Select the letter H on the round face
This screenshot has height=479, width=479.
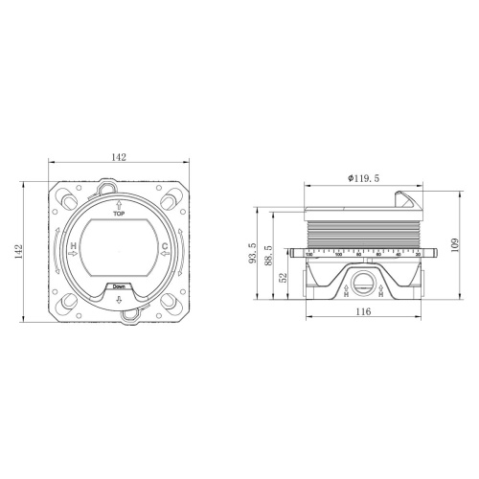[x=74, y=247]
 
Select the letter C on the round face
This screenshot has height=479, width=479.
[x=165, y=247]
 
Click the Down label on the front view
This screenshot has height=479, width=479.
[x=119, y=286]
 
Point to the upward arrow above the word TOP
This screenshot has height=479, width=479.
[x=119, y=204]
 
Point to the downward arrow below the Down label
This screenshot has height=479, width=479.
[x=119, y=299]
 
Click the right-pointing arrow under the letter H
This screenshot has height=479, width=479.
[x=75, y=257]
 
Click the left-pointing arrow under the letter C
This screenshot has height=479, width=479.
[x=165, y=257]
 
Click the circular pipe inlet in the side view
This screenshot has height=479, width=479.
[x=362, y=281]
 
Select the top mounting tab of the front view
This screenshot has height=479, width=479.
[x=119, y=182]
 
